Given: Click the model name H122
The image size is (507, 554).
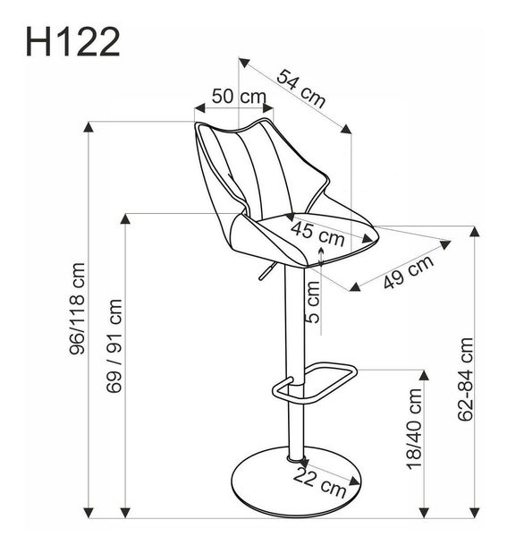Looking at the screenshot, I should coord(72,41).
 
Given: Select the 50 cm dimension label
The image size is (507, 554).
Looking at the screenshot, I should coord(238,96).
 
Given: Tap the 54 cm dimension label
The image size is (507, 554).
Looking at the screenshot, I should coord(300,88).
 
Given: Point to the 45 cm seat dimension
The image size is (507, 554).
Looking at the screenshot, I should coord(317,235).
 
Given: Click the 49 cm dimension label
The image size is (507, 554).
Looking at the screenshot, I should coord(408,272).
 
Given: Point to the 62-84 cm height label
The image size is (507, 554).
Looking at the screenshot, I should coord(464,379).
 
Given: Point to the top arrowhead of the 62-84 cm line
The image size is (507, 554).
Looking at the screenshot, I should coord(474,231).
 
